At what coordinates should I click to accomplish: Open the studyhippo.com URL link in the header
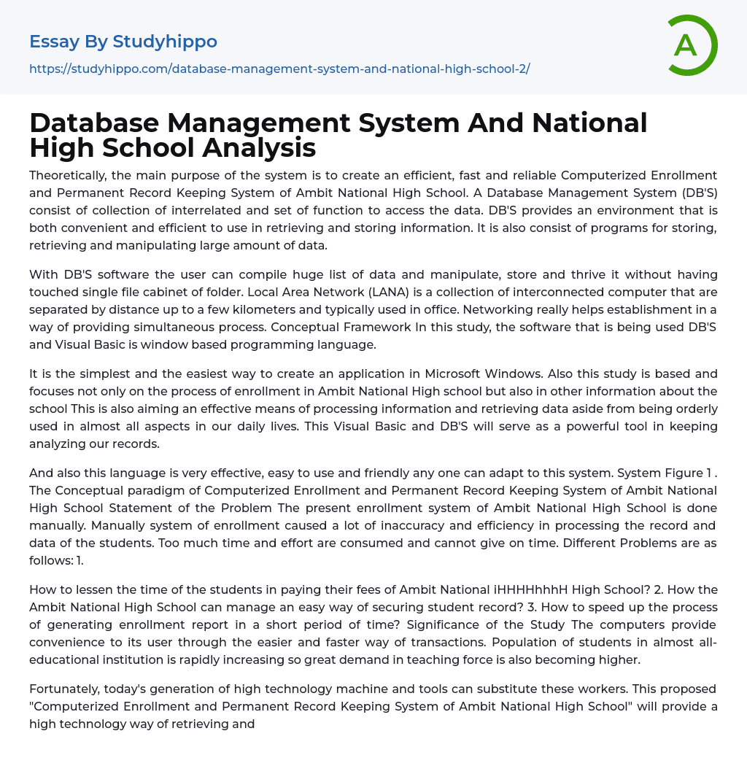click(x=279, y=69)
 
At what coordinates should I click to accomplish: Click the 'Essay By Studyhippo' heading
click(x=123, y=42)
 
